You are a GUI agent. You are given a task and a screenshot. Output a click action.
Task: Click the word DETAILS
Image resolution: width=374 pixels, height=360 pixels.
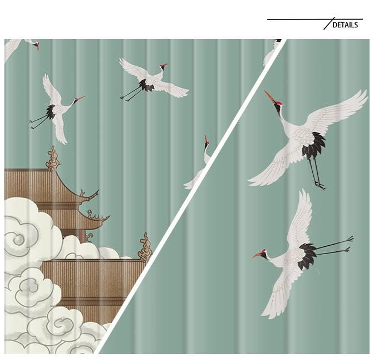(x=345, y=25)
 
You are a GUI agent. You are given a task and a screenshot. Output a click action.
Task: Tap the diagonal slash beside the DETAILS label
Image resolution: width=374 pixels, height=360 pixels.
(x=328, y=24)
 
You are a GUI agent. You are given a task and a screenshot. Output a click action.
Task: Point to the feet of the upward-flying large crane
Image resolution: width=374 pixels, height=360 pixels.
(x=319, y=185)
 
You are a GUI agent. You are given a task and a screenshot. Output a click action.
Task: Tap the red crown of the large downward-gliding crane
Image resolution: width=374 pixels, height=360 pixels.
(x=263, y=252)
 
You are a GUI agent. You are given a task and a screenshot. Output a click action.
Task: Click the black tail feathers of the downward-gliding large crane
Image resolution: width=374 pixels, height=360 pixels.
(x=306, y=256)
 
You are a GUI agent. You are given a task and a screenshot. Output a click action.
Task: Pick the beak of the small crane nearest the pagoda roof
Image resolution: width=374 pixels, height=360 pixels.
(x=81, y=99)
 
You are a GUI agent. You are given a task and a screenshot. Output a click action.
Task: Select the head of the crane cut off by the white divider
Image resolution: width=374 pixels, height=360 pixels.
(x=206, y=143)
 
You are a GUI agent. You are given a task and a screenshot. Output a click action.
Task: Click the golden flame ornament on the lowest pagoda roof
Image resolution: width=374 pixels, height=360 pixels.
(x=145, y=247)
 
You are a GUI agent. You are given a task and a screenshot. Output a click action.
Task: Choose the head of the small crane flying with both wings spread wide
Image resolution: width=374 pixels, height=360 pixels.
(x=163, y=66)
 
